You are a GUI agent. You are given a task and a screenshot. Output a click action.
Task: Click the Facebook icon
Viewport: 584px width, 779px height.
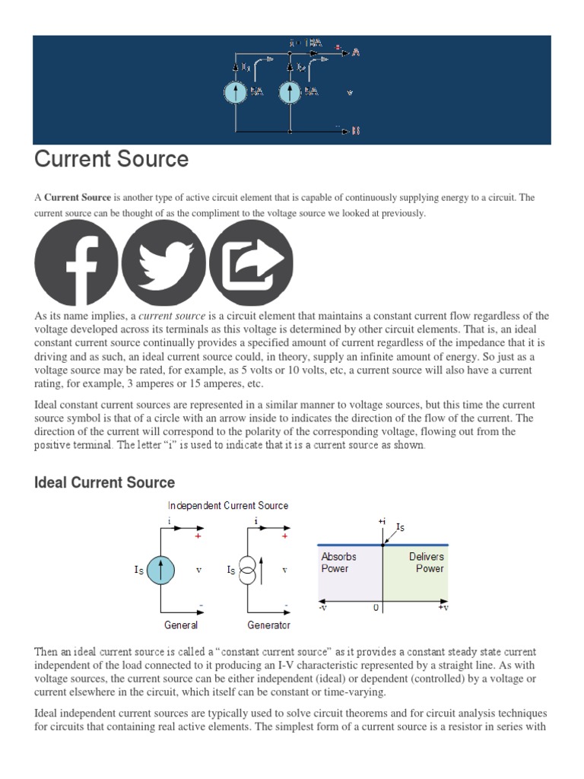pyautogui.click(x=76, y=262)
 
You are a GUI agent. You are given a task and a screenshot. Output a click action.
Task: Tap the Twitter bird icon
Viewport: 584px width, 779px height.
pyautogui.click(x=163, y=262)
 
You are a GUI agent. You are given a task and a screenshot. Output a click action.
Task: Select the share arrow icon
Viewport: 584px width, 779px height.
pyautogui.click(x=251, y=262)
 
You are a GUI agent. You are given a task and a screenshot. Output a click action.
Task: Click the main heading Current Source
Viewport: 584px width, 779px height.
pyautogui.click(x=112, y=159)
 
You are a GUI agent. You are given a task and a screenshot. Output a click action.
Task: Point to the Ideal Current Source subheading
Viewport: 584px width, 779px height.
pyautogui.click(x=105, y=482)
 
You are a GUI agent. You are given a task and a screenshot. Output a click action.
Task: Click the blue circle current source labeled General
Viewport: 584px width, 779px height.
pyautogui.click(x=160, y=571)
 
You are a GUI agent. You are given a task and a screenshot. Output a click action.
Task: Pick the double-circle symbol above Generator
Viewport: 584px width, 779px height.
pyautogui.click(x=247, y=570)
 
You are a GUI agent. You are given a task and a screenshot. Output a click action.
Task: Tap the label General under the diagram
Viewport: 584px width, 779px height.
pyautogui.click(x=181, y=625)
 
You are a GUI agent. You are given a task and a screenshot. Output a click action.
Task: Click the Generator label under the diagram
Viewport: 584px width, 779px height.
pyautogui.click(x=268, y=625)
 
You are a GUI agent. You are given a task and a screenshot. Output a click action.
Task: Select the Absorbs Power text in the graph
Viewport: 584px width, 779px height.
pyautogui.click(x=338, y=562)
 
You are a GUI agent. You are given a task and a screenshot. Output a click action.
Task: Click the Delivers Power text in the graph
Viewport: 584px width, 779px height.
pyautogui.click(x=426, y=562)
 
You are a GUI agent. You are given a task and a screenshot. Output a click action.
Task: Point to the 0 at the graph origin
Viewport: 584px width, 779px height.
pyautogui.click(x=376, y=609)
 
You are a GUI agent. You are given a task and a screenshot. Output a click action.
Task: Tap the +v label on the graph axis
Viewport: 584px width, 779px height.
pyautogui.click(x=442, y=609)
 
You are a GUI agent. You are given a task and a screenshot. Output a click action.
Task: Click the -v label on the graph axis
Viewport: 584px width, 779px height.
pyautogui.click(x=323, y=609)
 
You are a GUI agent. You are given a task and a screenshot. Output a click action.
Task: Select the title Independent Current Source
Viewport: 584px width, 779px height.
pyautogui.click(x=228, y=506)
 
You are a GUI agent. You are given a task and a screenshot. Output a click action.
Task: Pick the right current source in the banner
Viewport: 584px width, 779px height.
pyautogui.click(x=290, y=93)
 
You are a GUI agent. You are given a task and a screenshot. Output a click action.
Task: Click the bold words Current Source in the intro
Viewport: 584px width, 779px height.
pyautogui.click(x=78, y=198)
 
